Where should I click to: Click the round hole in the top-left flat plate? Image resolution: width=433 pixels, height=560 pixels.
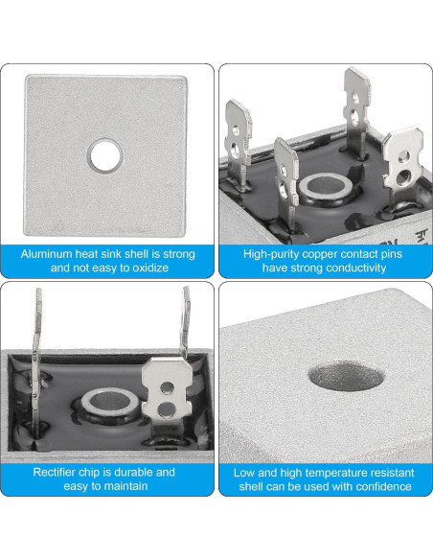105,156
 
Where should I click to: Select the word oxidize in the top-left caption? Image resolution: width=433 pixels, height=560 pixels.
149,268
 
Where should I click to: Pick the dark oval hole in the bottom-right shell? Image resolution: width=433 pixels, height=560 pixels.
346,376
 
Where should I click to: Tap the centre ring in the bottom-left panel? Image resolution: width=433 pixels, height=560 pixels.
110,403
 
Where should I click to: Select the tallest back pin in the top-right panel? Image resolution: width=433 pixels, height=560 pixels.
356,110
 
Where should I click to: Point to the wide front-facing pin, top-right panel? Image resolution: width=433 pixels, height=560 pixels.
403,168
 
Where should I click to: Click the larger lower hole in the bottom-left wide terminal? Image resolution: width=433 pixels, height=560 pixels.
167,410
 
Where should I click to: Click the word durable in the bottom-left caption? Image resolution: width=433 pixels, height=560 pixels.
132,472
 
